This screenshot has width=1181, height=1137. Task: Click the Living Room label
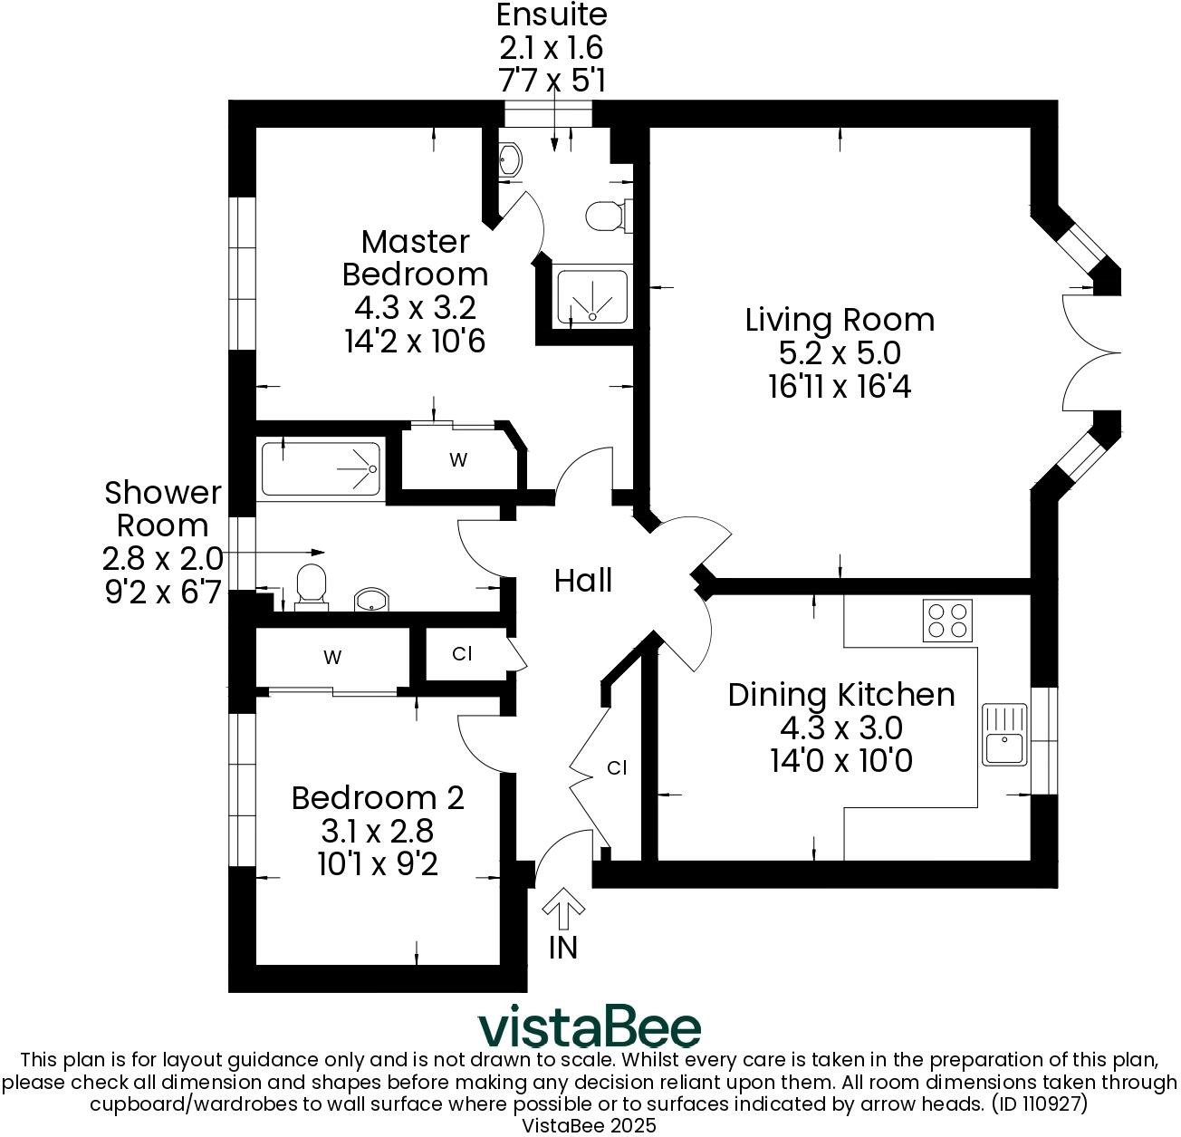[x=840, y=320]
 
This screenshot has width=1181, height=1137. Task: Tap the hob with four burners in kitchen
[x=947, y=621]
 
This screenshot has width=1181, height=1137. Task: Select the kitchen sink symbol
[x=1004, y=735]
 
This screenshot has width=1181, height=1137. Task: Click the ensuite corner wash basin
[x=511, y=160]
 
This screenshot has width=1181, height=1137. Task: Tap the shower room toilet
[x=312, y=585]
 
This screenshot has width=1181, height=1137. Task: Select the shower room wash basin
[x=371, y=599]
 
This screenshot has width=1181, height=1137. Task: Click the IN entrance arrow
[x=563, y=911]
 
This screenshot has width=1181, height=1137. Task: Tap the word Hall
[x=583, y=581]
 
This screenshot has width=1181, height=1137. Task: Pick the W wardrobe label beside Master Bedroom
[x=458, y=460]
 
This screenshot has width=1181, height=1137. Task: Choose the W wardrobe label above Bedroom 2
[x=332, y=658]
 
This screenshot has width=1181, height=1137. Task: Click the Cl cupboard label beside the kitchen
[x=617, y=768]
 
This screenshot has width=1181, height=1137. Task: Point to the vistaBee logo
[x=590, y=1026]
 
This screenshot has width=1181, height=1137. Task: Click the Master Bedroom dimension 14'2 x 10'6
[x=415, y=341]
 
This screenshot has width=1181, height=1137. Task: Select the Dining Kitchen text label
[x=841, y=695]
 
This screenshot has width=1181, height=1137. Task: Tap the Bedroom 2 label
[x=378, y=798]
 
